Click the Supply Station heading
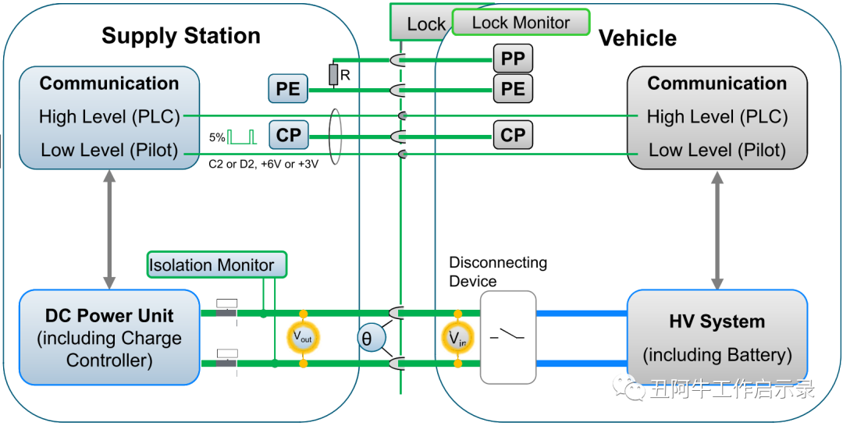tap(181, 36)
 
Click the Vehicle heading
tap(637, 38)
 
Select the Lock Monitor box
tap(521, 23)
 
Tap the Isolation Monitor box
tap(217, 265)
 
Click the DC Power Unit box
tap(109, 337)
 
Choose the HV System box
tap(717, 337)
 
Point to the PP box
tap(513, 59)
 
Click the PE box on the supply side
tap(288, 89)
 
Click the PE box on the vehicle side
tap(513, 89)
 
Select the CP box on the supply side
tap(288, 135)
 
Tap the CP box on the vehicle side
tap(513, 135)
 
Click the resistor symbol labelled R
tap(333, 75)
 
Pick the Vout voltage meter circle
tap(302, 337)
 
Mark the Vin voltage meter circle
tap(457, 338)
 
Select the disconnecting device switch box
tap(508, 337)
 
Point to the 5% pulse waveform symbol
tap(242, 137)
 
